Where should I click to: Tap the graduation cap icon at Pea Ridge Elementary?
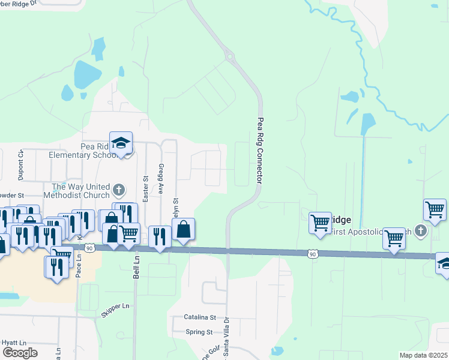click(x=121, y=143)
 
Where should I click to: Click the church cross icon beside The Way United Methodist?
click(x=119, y=191)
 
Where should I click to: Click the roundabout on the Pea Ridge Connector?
click(x=229, y=57)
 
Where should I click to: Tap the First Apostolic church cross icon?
click(x=421, y=230)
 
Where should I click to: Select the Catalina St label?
click(x=200, y=317)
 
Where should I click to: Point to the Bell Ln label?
click(x=136, y=262)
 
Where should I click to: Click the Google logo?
click(x=20, y=353)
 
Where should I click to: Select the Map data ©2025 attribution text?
click(x=424, y=355)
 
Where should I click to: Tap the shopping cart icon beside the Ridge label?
click(x=321, y=222)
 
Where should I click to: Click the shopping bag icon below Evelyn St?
click(x=183, y=229)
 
